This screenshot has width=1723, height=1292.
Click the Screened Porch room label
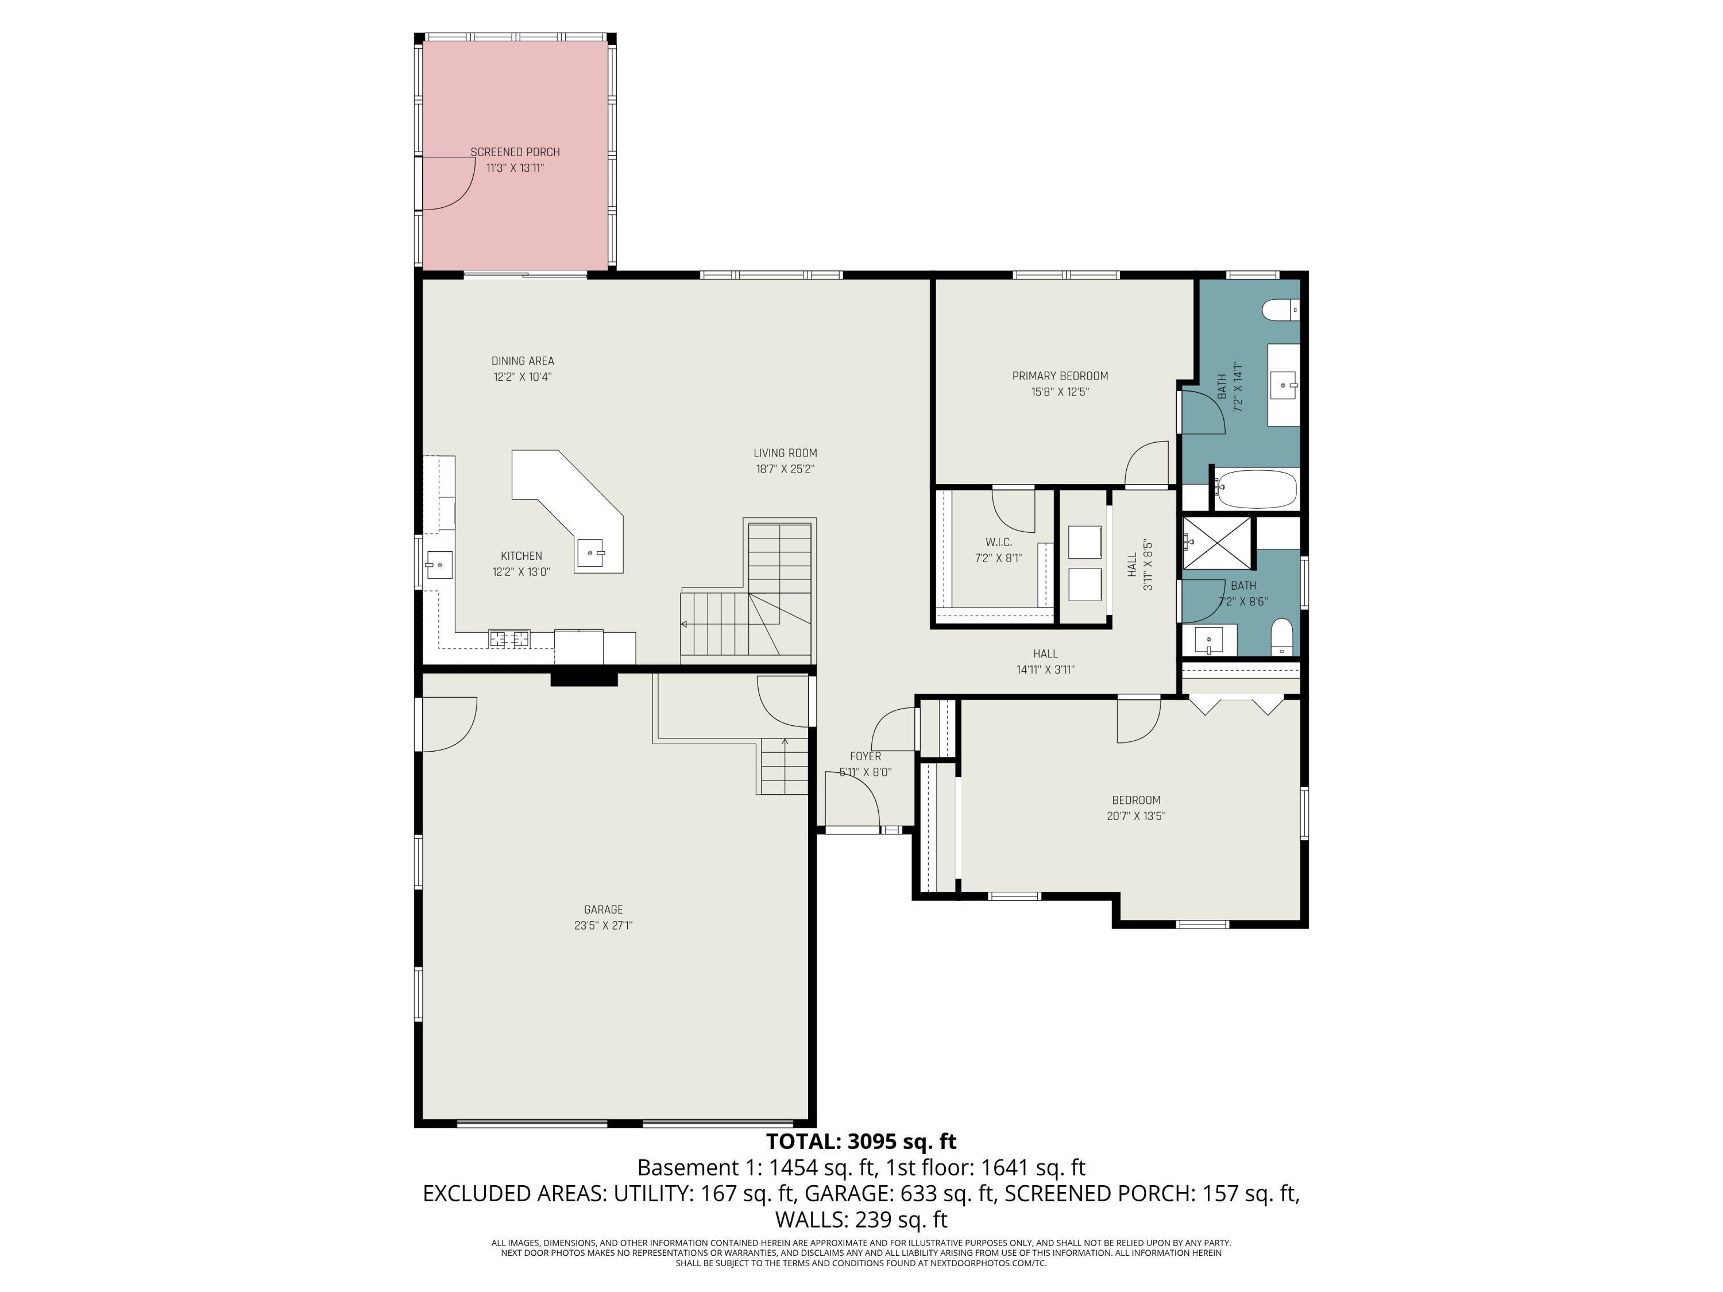coord(515,152)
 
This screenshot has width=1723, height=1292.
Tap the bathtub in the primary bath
coord(1255,489)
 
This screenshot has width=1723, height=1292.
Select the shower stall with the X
coord(1218,544)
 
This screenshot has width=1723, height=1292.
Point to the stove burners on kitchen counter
coord(509,639)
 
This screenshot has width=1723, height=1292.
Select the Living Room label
coord(785,453)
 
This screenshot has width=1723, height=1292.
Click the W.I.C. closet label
coord(999,542)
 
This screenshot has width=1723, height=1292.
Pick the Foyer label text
coord(866,756)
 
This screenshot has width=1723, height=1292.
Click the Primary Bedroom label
coord(1060,376)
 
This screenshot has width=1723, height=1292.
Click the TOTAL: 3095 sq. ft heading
coord(861,1142)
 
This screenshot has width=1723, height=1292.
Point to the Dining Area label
coord(523,361)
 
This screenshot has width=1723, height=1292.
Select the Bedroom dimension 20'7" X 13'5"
coord(1135,816)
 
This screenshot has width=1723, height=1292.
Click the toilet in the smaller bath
coord(1281,636)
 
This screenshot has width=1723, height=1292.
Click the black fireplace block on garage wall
coord(584,678)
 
